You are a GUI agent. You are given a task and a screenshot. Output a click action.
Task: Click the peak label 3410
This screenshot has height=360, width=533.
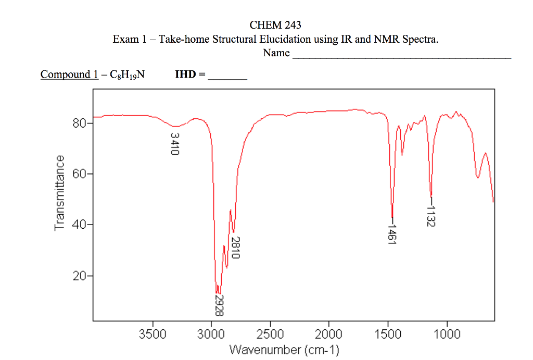click(175, 144)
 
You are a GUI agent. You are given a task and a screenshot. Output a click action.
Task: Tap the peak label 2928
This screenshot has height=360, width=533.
click(219, 305)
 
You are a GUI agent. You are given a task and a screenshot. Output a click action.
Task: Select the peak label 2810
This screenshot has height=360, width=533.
click(235, 247)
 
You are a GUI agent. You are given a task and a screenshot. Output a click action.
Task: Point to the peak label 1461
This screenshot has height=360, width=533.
click(392, 234)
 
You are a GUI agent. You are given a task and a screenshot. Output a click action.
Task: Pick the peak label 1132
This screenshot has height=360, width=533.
click(430, 216)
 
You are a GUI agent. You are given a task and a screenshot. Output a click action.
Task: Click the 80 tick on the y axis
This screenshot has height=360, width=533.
click(79, 124)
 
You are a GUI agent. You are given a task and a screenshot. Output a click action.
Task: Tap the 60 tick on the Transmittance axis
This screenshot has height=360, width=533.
click(79, 174)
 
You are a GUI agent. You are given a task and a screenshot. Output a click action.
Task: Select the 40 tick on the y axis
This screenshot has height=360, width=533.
click(79, 225)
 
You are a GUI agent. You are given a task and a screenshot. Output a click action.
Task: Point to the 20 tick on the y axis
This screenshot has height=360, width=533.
click(79, 276)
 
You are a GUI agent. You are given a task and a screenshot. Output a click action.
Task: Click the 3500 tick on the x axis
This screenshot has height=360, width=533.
click(153, 334)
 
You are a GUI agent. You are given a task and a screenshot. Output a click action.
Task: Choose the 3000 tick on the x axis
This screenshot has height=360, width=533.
click(211, 334)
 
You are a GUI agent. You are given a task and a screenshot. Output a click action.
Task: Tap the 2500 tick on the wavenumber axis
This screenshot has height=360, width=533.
click(270, 334)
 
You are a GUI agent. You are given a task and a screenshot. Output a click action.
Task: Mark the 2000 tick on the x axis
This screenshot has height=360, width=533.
click(329, 334)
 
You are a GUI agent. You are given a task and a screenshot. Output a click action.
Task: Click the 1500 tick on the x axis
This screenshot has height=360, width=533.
click(388, 334)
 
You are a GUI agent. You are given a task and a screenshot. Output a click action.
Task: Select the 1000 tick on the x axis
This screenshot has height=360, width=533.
click(447, 334)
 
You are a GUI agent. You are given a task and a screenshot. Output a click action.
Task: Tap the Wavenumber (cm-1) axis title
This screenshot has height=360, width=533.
click(284, 349)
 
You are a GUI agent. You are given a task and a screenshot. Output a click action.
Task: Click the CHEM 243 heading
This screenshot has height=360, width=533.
click(275, 25)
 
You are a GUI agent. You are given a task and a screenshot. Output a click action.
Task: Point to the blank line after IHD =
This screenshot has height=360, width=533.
click(227, 76)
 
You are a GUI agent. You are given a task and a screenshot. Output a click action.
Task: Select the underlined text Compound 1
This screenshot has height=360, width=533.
click(69, 75)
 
